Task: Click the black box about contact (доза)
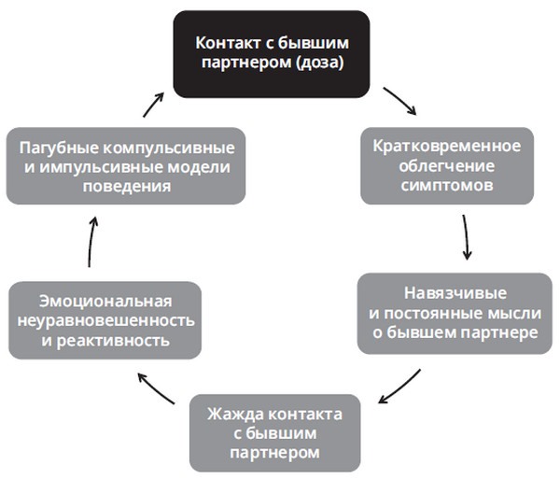[272, 54]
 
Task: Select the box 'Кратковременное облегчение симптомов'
[447, 166]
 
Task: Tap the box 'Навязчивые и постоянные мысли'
[455, 314]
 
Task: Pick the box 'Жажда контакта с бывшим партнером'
[274, 433]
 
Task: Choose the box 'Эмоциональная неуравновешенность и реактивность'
[105, 320]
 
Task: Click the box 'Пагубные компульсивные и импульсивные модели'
[126, 166]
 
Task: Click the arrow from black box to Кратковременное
[400, 100]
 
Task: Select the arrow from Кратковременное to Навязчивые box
[466, 237]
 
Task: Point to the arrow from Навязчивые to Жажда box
[399, 387]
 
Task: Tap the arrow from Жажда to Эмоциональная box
[155, 388]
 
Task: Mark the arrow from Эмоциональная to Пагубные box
[91, 242]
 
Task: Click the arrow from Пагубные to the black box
[154, 105]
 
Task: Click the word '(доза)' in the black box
[319, 63]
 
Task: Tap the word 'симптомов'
[447, 186]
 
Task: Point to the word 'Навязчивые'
[455, 293]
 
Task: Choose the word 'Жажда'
[235, 414]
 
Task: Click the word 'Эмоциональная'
[105, 301]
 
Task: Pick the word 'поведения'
[127, 187]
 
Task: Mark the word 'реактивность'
[113, 341]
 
